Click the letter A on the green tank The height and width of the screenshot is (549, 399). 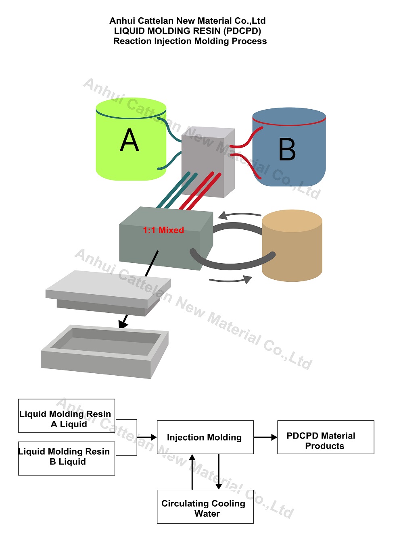130,140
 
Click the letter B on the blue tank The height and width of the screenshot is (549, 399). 287,150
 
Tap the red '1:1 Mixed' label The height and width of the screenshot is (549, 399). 163,230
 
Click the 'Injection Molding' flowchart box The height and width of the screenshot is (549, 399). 205,437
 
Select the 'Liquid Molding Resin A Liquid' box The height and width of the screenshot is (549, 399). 67,416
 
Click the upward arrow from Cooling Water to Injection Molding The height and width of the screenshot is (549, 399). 192,472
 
